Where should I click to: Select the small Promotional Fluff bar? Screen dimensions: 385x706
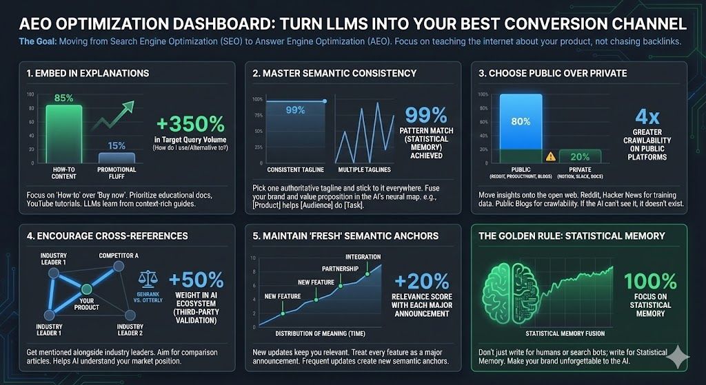point(117,157)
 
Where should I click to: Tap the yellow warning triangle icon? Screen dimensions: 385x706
point(550,156)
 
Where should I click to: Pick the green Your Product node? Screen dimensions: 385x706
point(86,289)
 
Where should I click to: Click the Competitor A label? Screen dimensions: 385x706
point(119,256)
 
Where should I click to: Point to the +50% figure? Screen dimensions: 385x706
point(196,280)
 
